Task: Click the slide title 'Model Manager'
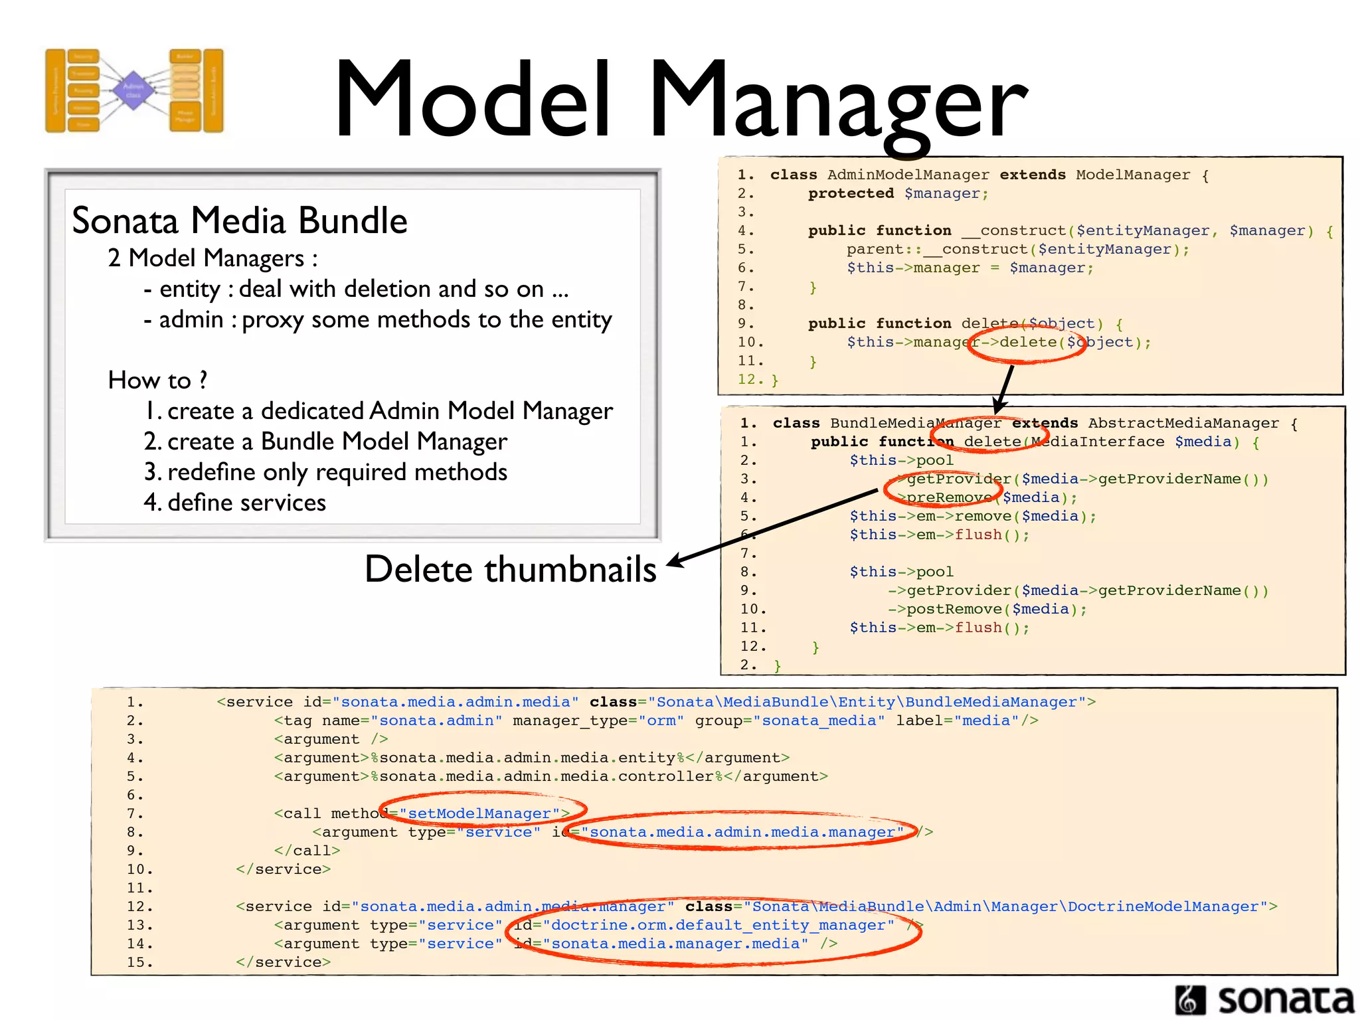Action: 681,100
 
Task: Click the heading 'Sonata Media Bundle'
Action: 239,220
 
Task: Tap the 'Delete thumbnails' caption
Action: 510,570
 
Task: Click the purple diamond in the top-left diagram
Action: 133,90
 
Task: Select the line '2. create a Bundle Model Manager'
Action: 325,442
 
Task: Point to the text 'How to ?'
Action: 157,381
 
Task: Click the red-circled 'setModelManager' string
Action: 479,813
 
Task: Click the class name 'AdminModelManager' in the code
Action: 908,175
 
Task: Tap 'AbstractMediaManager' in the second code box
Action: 1183,423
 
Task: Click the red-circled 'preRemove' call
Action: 949,497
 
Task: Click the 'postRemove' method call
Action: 954,609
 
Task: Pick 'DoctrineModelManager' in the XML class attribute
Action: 1163,906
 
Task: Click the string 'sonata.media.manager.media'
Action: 675,944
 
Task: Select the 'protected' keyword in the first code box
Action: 851,193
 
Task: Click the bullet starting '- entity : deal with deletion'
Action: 356,290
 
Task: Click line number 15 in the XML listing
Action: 139,962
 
